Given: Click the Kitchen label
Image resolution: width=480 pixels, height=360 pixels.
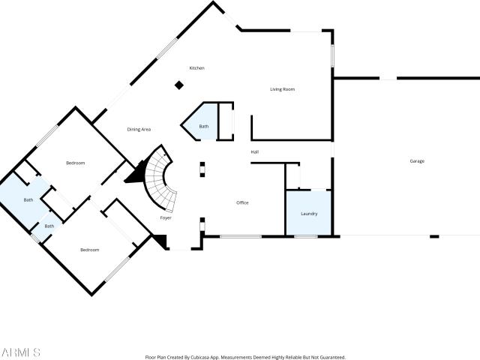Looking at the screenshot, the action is point(196,68).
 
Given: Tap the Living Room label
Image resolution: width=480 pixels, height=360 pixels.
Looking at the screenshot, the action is point(282,89).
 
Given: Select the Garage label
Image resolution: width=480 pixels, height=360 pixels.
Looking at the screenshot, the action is point(417,161).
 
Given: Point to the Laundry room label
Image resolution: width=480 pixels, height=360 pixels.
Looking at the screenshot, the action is point(309,214).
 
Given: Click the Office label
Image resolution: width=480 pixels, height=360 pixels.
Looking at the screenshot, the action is point(242,202).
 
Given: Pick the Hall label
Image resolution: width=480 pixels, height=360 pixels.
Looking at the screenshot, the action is point(255,151).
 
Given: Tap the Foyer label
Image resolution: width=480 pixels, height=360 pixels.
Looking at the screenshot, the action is point(166,218).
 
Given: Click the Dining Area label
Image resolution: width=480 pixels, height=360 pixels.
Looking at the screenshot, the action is point(139,130).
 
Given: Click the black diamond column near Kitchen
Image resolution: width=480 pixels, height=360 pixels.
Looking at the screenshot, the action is point(179,85).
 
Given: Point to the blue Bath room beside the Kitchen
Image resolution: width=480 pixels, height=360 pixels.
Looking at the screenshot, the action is point(200,122).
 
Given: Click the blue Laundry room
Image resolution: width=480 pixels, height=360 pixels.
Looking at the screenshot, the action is point(308,213).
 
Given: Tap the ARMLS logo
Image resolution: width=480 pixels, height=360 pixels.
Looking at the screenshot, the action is point(20,352).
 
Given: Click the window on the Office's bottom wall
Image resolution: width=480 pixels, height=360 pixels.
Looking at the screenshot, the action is point(241,237).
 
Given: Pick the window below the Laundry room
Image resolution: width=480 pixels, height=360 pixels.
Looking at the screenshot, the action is point(306,237).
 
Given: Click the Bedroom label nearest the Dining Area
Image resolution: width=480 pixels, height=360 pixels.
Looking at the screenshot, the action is point(75,163).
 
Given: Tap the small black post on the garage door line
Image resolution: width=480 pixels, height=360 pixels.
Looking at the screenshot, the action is point(434,236).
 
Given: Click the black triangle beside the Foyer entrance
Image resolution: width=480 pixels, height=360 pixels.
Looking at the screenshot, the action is point(161,240).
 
